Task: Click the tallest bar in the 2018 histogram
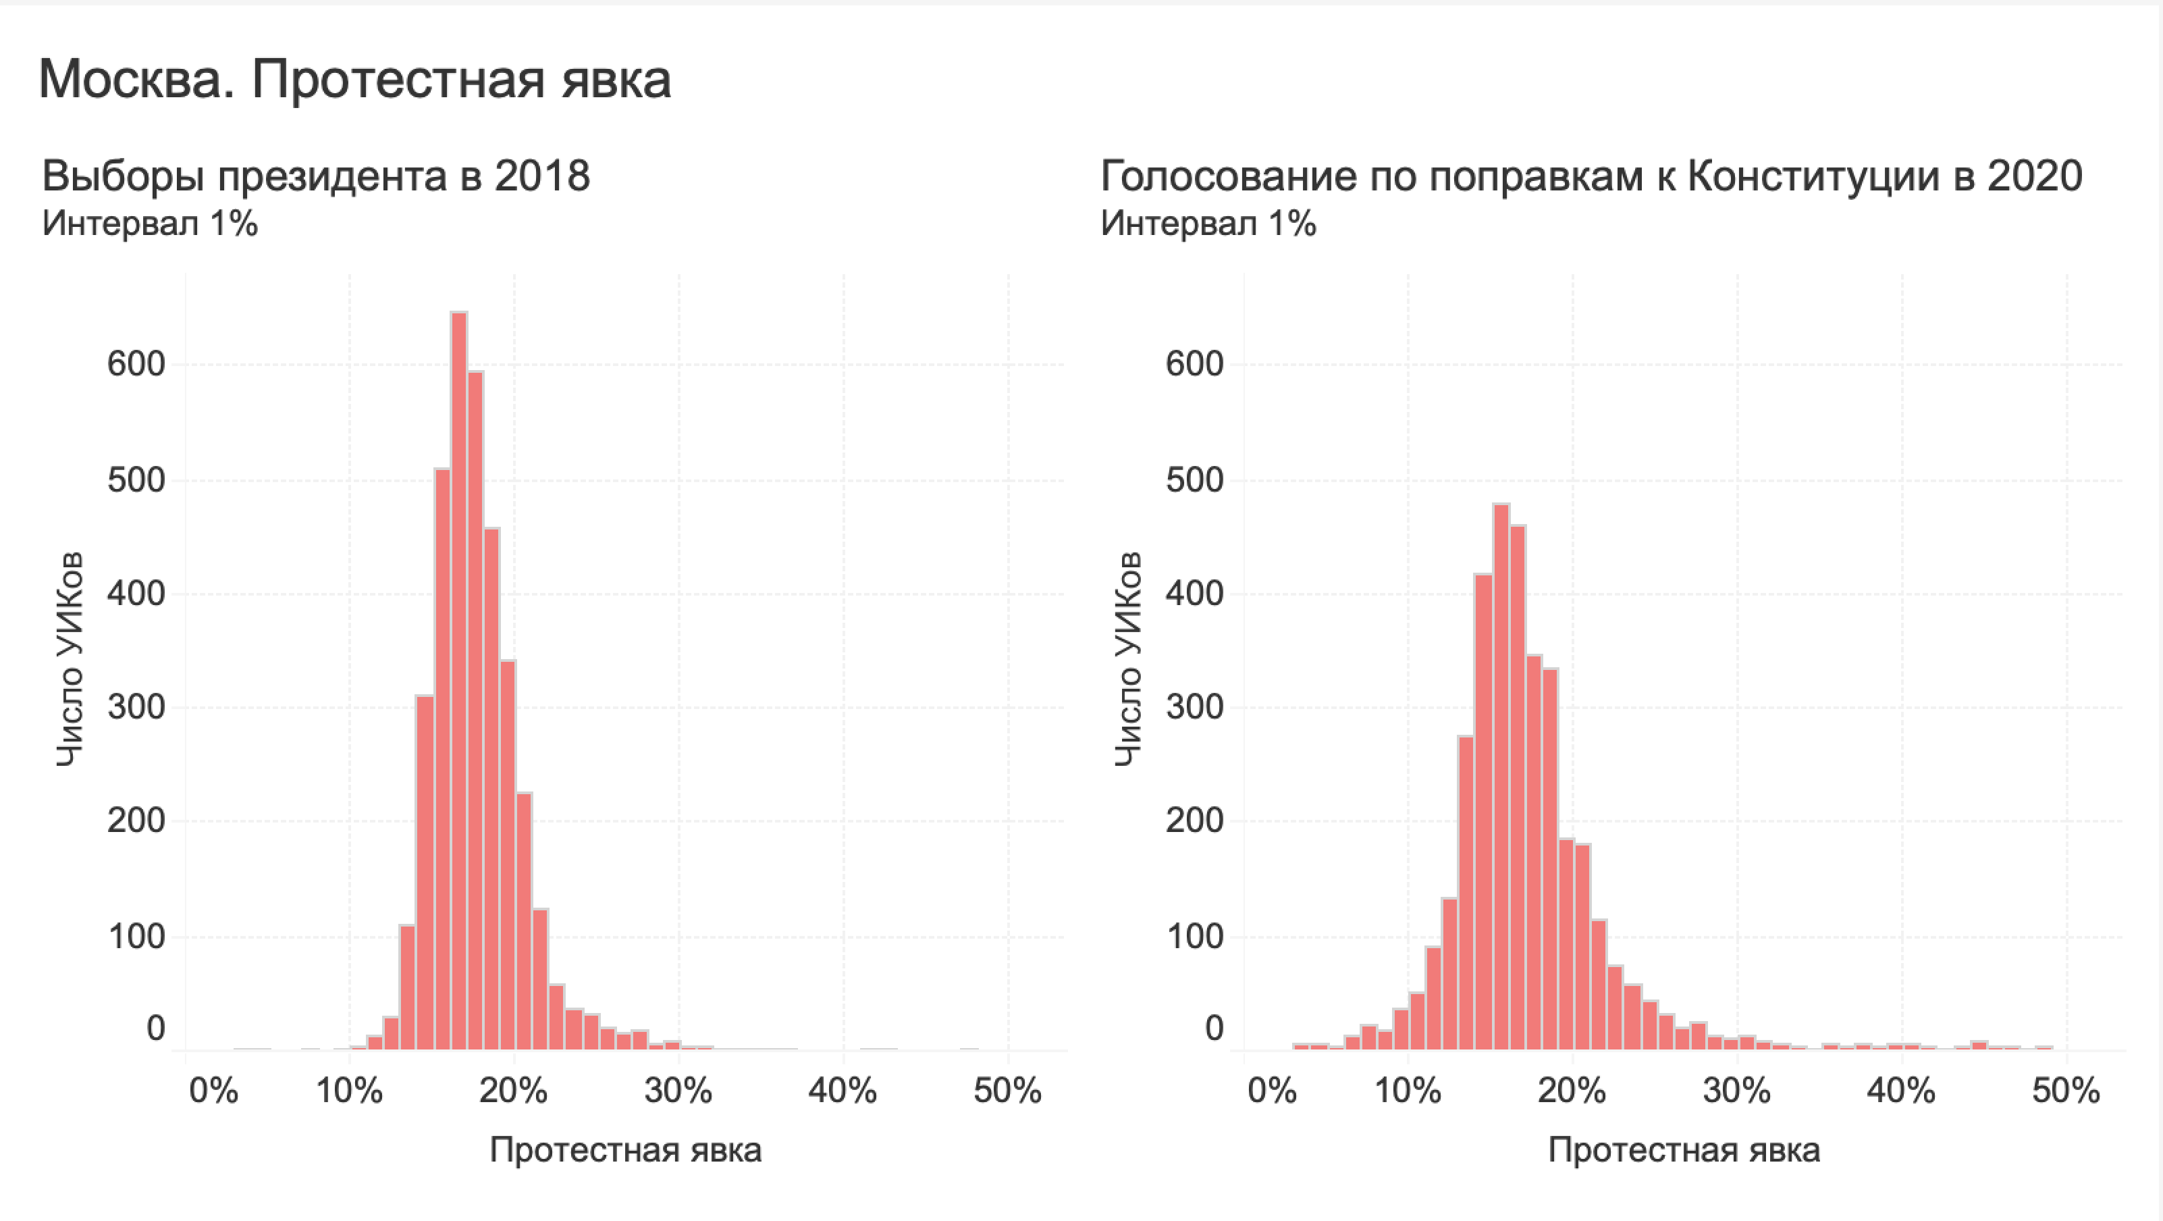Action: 458,680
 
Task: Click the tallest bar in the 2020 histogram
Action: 1501,777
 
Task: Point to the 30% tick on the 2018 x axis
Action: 678,1091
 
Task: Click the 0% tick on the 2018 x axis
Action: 213,1091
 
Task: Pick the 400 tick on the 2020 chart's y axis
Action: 1195,594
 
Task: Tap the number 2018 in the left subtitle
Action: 541,176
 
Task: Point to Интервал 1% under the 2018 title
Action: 149,224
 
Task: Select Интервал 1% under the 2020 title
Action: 1208,224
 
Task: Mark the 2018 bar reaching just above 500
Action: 442,756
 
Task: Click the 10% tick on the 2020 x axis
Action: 1408,1091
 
